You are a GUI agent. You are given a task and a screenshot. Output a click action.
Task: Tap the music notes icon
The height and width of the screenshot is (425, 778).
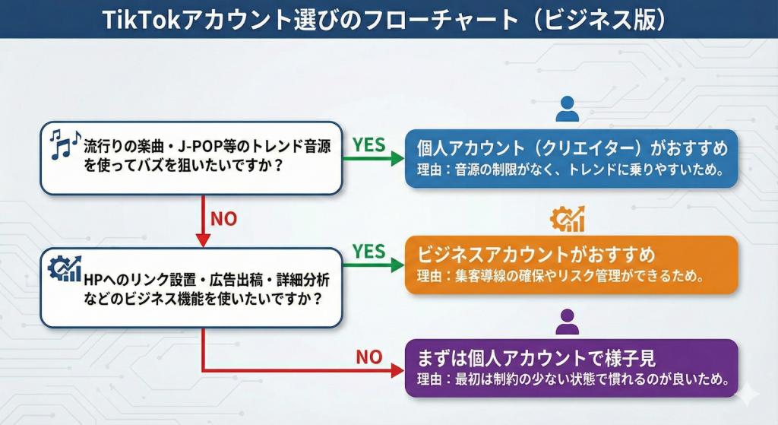[65, 142]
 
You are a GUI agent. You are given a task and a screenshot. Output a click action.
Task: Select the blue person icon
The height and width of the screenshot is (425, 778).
[567, 109]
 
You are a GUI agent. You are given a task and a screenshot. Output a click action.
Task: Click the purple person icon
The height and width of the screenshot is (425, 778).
[567, 322]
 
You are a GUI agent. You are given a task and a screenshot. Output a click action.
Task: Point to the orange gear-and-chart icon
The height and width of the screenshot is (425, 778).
[568, 219]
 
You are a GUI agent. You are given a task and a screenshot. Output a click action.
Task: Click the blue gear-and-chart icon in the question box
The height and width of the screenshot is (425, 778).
[65, 268]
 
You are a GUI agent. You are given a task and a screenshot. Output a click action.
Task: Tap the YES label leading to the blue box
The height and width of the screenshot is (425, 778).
[369, 145]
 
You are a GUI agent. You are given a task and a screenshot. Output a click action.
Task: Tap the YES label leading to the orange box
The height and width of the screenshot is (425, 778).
[369, 252]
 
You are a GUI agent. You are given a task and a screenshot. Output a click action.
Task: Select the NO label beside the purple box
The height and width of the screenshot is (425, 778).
[369, 356]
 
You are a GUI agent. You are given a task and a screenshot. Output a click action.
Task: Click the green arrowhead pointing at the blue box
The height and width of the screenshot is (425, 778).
[397, 159]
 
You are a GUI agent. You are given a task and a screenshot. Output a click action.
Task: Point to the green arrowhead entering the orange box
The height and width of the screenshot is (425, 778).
[397, 265]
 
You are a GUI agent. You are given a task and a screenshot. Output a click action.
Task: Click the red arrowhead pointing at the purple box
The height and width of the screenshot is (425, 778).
[397, 370]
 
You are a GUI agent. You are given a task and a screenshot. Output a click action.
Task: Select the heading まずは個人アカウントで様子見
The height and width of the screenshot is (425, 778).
[536, 358]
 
